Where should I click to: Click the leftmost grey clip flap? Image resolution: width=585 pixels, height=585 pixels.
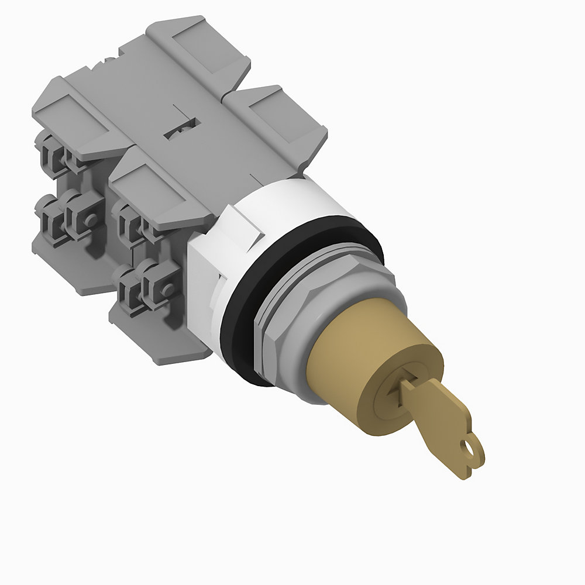pyautogui.click(x=70, y=120)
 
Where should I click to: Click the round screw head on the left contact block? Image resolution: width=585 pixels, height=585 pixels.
pyautogui.click(x=90, y=218)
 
